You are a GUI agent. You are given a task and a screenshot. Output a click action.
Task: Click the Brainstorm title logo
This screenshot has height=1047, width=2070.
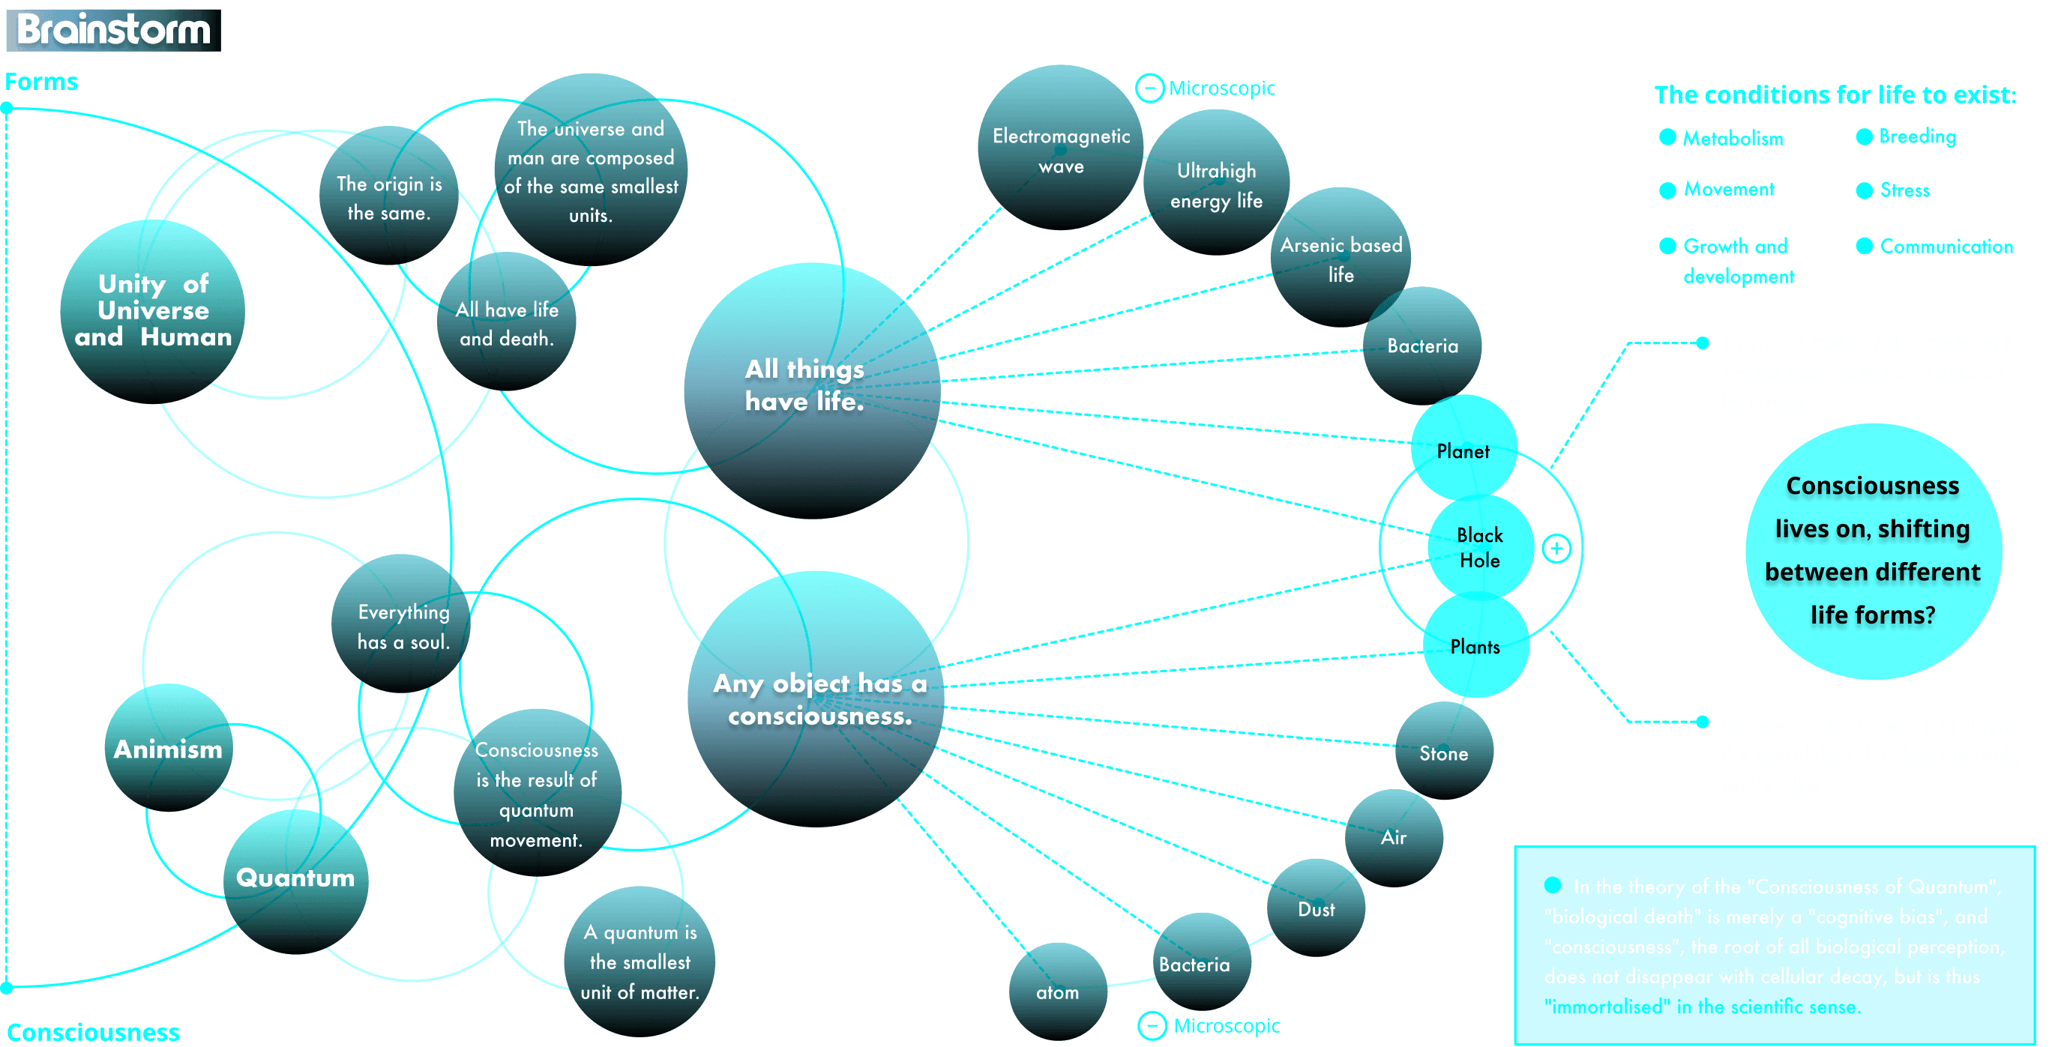click(113, 30)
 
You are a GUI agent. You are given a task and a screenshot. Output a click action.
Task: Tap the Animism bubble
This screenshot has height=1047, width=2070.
click(168, 748)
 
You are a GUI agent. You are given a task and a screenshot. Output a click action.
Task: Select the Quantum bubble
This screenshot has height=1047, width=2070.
click(295, 878)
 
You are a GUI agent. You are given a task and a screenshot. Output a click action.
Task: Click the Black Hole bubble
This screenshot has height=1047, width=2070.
click(1479, 547)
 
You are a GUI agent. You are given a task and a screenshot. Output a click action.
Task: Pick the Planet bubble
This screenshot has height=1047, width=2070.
click(1463, 450)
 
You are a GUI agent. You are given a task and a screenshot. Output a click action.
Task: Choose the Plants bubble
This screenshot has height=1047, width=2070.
click(1475, 647)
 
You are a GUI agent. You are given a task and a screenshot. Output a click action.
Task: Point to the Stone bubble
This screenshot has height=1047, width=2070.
click(1443, 753)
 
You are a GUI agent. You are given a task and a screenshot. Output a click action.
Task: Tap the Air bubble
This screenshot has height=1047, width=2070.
click(1394, 837)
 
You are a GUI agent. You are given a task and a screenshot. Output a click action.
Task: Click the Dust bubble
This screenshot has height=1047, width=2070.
click(1316, 909)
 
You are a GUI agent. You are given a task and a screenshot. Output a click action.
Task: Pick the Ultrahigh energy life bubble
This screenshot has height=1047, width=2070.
click(1216, 185)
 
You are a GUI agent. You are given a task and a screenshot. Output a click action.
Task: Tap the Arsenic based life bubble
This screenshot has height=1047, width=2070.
click(1341, 259)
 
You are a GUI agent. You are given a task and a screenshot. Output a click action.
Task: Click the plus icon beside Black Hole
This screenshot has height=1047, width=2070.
click(1556, 548)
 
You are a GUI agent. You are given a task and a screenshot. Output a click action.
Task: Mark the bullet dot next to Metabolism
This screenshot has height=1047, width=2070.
click(1667, 137)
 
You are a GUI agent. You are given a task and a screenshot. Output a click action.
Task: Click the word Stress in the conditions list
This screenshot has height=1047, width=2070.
click(1904, 190)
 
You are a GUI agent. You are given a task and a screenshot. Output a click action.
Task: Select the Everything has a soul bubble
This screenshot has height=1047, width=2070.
click(403, 626)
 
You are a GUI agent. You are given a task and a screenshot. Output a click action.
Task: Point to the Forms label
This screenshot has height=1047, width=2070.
click(42, 82)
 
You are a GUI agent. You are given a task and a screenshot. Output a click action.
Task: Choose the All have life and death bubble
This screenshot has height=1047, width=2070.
click(506, 323)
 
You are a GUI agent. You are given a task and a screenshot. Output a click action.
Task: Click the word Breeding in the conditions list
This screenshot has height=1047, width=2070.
click(1917, 136)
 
